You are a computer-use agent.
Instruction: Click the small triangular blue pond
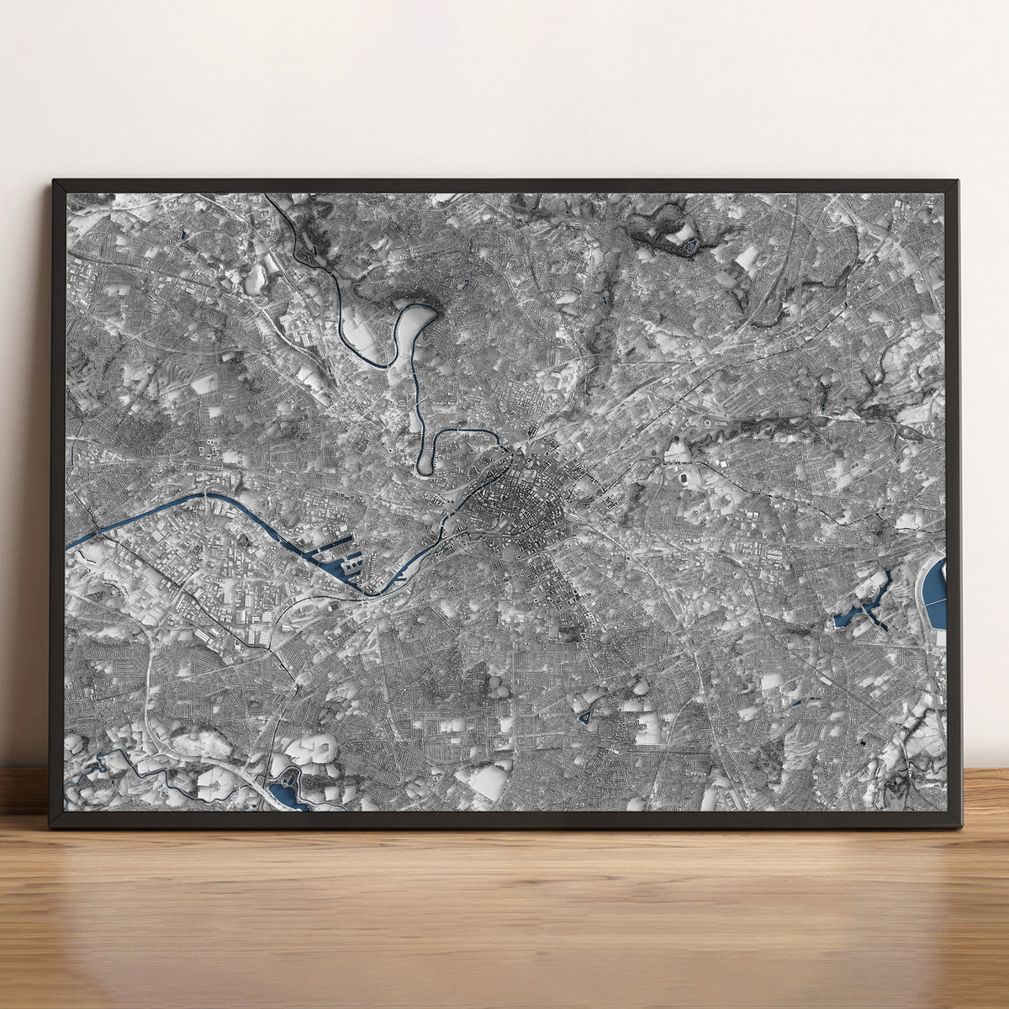tap(584, 718)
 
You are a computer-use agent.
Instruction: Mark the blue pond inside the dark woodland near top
tap(690, 245)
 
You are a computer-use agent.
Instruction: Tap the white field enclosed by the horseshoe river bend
tap(410, 332)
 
